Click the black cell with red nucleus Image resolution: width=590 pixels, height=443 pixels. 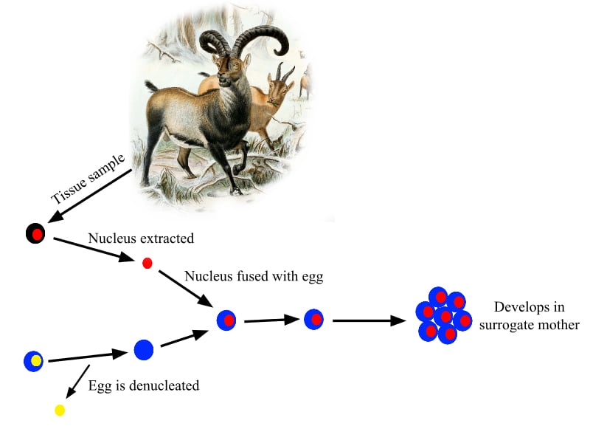coord(35,235)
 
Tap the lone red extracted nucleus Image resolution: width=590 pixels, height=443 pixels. coord(147,263)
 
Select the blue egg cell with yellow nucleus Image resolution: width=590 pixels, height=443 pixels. coord(34,361)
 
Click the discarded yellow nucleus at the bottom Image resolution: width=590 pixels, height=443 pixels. coord(60,410)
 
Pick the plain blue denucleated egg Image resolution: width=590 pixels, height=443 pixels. coord(143,349)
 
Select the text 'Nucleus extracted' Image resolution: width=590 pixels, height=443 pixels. coord(141,238)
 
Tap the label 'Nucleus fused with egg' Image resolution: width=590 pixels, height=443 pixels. coord(254,277)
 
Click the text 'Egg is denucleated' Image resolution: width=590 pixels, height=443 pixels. coord(144,385)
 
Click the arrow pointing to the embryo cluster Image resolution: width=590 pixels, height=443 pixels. coord(369,320)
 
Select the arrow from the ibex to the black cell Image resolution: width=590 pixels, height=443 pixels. coord(88,196)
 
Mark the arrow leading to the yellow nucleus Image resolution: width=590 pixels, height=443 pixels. coord(77,382)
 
